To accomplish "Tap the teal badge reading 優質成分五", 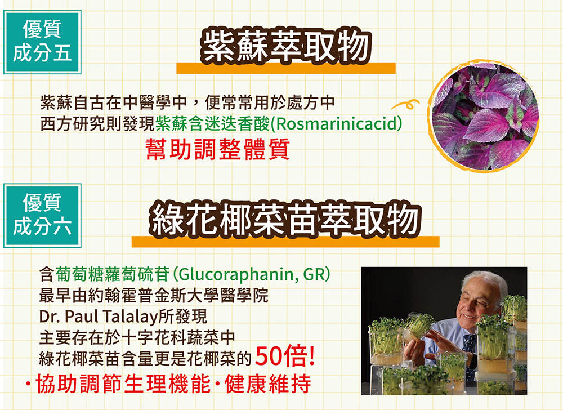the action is pyautogui.click(x=42, y=42).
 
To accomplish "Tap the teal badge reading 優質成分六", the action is pyautogui.click(x=42, y=215).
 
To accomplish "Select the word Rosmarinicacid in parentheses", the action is pyautogui.click(x=336, y=124).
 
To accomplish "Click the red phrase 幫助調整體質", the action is pyautogui.click(x=217, y=149).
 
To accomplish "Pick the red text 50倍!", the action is pyautogui.click(x=285, y=356).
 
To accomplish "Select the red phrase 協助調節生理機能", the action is pyautogui.click(x=123, y=384).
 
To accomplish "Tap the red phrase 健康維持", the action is pyautogui.click(x=268, y=384).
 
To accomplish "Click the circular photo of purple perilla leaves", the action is pyautogui.click(x=483, y=117).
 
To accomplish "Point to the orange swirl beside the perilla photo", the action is pyautogui.click(x=406, y=104).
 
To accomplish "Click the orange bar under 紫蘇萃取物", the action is pyautogui.click(x=286, y=68).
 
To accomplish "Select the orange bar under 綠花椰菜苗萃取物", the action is pyautogui.click(x=285, y=242).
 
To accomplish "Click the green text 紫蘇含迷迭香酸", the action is pyautogui.click(x=213, y=124).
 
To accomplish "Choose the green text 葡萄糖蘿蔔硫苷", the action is pyautogui.click(x=113, y=275).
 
